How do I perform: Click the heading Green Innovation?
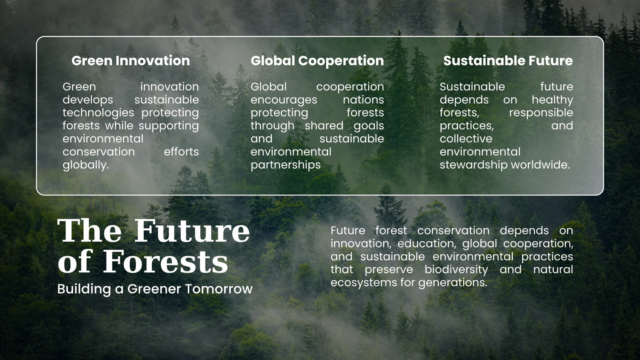(x=130, y=60)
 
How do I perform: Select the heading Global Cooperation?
(x=317, y=61)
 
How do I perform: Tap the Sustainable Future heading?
(x=508, y=60)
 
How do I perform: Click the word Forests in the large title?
(x=166, y=262)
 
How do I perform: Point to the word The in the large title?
(x=90, y=230)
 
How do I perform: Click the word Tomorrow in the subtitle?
(x=219, y=289)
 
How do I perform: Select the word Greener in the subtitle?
(x=154, y=289)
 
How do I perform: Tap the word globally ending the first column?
(x=86, y=165)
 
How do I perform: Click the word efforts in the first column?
(x=181, y=152)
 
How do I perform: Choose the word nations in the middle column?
(x=364, y=100)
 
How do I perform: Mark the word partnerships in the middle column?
(x=286, y=165)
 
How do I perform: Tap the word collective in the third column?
(x=466, y=139)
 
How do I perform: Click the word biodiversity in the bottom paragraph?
(x=456, y=270)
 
